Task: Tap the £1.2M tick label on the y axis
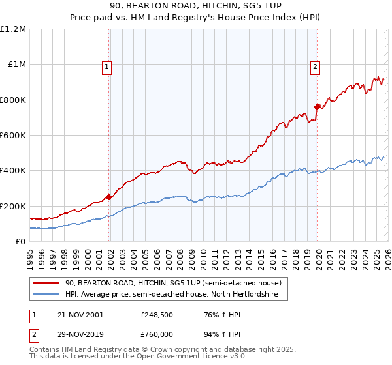(x=13, y=29)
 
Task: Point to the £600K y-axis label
(x=13, y=135)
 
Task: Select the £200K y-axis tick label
(x=13, y=206)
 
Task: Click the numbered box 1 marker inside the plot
(x=106, y=66)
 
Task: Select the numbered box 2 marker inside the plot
(x=315, y=66)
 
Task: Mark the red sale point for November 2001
(x=109, y=197)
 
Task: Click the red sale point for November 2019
(x=317, y=107)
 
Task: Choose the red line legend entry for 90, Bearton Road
(x=172, y=283)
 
